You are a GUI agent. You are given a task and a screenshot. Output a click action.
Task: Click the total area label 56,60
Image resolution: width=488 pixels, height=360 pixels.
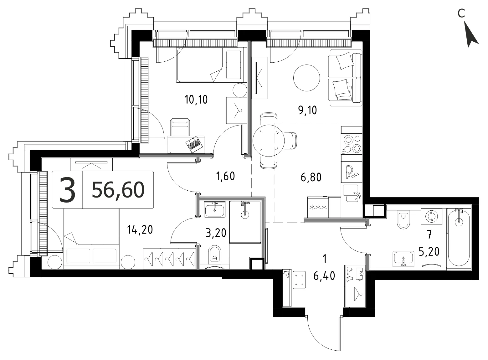click(x=118, y=190)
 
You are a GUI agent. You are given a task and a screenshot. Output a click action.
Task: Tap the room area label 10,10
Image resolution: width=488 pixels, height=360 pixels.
click(x=196, y=99)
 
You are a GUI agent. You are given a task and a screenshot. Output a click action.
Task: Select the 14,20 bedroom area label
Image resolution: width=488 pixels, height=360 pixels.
click(x=140, y=230)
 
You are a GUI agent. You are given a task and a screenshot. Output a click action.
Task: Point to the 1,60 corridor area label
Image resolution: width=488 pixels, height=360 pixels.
click(x=225, y=176)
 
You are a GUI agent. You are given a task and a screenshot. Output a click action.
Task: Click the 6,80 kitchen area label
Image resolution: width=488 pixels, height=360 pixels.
click(x=311, y=177)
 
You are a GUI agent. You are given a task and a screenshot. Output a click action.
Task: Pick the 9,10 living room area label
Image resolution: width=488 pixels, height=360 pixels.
click(x=307, y=110)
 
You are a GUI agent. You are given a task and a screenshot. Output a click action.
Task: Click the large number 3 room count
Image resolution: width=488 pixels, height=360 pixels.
click(x=68, y=190)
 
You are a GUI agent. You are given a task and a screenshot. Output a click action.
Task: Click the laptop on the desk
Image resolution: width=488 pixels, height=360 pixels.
click(x=194, y=145)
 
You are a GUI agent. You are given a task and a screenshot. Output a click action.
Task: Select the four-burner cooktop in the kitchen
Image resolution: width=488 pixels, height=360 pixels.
click(x=352, y=144)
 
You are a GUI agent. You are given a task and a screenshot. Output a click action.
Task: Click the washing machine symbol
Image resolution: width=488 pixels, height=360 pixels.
click(x=431, y=216)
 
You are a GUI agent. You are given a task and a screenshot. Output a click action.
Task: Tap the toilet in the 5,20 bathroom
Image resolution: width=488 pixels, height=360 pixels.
click(x=403, y=220)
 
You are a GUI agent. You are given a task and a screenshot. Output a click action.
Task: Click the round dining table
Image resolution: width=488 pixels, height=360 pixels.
click(x=269, y=141)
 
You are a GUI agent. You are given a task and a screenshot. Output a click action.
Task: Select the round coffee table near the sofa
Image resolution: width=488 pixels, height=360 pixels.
click(x=306, y=78)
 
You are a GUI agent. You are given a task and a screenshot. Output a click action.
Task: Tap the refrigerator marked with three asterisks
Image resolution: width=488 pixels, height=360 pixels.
click(x=318, y=207)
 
